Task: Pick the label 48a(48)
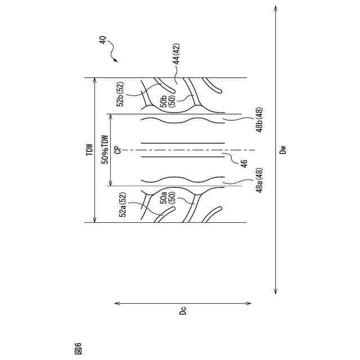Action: point(259,181)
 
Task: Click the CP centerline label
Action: point(117,150)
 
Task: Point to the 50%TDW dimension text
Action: point(104,150)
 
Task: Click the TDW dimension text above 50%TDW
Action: point(89,150)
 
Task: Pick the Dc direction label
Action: point(183,310)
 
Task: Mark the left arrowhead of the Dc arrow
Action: point(116,303)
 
